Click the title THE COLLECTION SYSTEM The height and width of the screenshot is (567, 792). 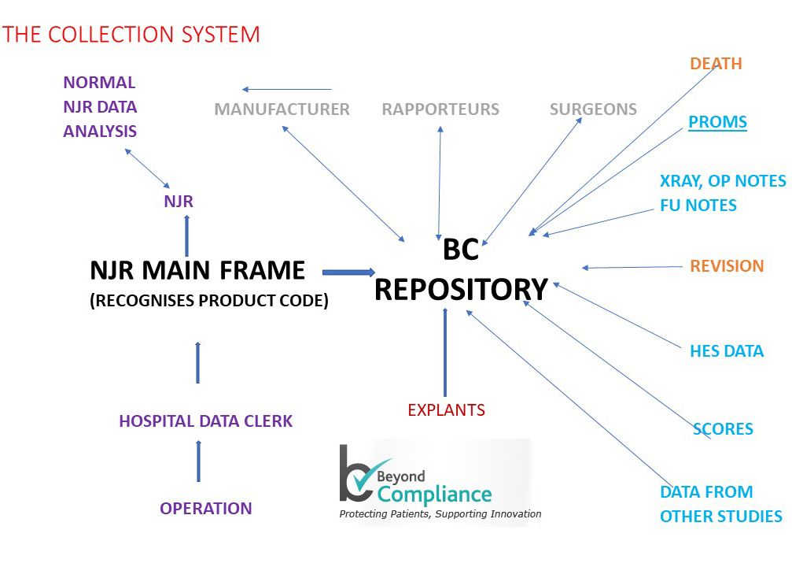click(x=131, y=35)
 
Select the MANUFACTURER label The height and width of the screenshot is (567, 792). click(x=282, y=109)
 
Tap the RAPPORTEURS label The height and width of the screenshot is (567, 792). click(x=440, y=109)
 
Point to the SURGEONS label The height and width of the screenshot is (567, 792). click(x=593, y=109)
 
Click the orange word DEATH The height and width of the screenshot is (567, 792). click(x=716, y=64)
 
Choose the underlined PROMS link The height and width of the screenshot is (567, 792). click(x=717, y=122)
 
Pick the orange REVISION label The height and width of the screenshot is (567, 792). click(x=727, y=266)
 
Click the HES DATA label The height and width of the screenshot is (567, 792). click(x=727, y=351)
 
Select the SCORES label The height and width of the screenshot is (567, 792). click(x=723, y=429)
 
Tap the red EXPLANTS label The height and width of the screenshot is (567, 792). click(x=446, y=410)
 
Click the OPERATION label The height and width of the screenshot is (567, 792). click(x=206, y=509)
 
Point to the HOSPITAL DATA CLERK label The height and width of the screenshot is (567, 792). click(x=205, y=421)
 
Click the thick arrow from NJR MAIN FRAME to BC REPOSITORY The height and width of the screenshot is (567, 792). click(x=348, y=272)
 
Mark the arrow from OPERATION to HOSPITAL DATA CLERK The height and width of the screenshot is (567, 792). click(x=198, y=461)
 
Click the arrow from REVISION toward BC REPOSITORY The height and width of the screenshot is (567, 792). click(x=632, y=268)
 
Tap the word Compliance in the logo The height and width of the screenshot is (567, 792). click(x=434, y=495)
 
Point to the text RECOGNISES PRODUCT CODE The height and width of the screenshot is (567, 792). click(x=208, y=301)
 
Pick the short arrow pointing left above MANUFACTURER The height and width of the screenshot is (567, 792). click(x=286, y=90)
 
